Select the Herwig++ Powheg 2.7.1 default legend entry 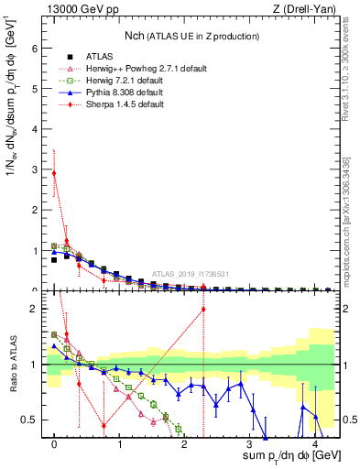tap(132, 69)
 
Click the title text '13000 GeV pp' tap(74, 9)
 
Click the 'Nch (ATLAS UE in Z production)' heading tap(191, 36)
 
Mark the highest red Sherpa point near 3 tap(55, 173)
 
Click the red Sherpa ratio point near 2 tap(202, 309)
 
